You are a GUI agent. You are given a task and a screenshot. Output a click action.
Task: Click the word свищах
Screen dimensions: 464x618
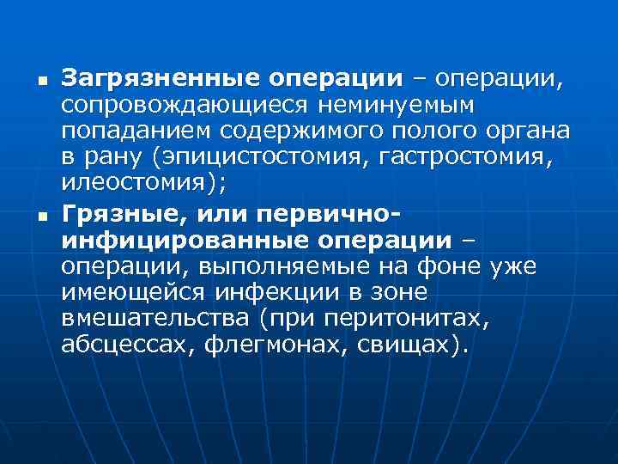click(403, 345)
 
